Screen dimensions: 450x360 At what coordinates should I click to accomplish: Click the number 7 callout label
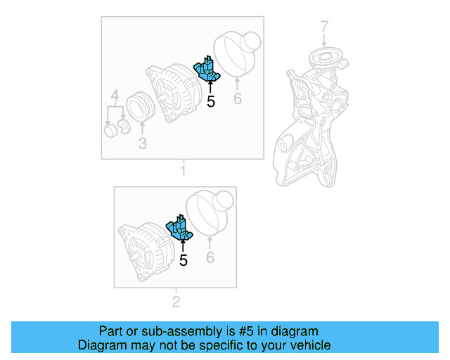(324, 27)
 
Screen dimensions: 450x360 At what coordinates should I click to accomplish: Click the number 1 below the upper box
(183, 171)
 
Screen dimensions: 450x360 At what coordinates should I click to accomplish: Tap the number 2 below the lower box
(176, 302)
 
